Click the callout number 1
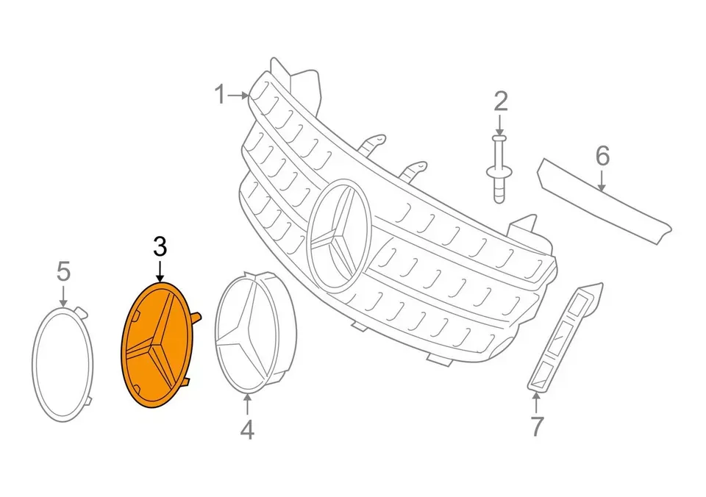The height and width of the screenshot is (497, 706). click(220, 95)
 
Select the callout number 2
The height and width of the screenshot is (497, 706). click(500, 101)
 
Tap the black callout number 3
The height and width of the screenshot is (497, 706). click(160, 247)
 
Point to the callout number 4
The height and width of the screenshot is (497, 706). click(247, 429)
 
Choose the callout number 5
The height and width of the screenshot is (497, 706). click(63, 271)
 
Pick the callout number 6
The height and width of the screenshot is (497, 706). click(602, 155)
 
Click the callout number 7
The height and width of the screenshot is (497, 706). click(536, 426)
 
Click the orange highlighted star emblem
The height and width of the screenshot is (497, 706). click(160, 345)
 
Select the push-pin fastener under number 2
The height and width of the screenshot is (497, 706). click(499, 169)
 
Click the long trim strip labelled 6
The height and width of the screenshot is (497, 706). click(603, 201)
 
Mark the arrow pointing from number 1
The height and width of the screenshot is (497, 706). click(238, 95)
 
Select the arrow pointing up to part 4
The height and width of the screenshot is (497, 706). click(247, 404)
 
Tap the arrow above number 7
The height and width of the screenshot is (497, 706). click(536, 403)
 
